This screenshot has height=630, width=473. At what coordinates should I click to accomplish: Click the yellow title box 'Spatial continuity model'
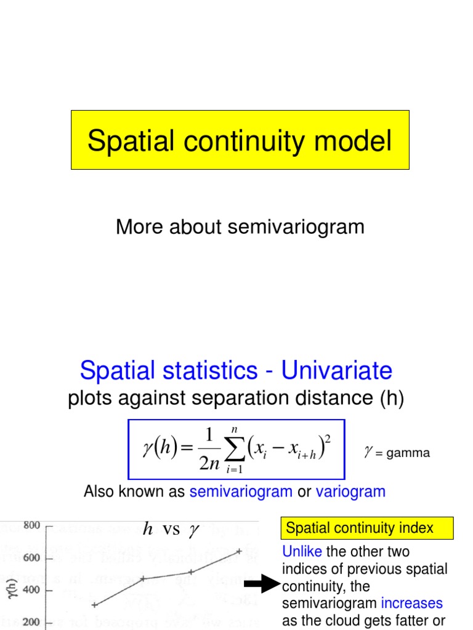tap(240, 140)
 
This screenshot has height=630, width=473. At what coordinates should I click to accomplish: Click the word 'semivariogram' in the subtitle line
tap(296, 227)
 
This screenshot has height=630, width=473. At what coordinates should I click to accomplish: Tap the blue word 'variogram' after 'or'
tap(350, 492)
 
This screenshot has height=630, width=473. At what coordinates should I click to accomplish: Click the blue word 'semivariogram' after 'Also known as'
tap(241, 492)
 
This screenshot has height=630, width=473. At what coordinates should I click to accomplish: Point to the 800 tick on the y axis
tap(31, 525)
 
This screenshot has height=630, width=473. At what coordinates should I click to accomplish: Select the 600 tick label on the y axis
tap(31, 558)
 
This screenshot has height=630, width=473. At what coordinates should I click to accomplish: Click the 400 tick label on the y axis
tap(31, 589)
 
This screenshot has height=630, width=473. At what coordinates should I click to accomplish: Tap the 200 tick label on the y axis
tap(31, 621)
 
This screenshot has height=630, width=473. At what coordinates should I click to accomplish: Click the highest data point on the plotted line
tap(239, 551)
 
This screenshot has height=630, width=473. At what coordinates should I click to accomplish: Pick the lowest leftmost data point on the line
tap(94, 605)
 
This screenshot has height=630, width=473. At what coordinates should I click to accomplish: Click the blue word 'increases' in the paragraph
tap(411, 603)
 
